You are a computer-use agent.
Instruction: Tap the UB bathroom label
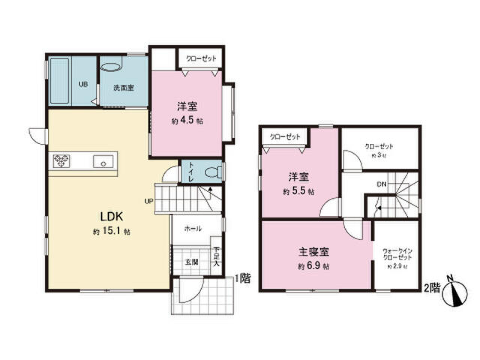click(84, 84)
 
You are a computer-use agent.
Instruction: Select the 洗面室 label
click(123, 88)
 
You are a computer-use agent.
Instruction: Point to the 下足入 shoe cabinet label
click(216, 257)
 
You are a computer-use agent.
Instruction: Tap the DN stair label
click(380, 184)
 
